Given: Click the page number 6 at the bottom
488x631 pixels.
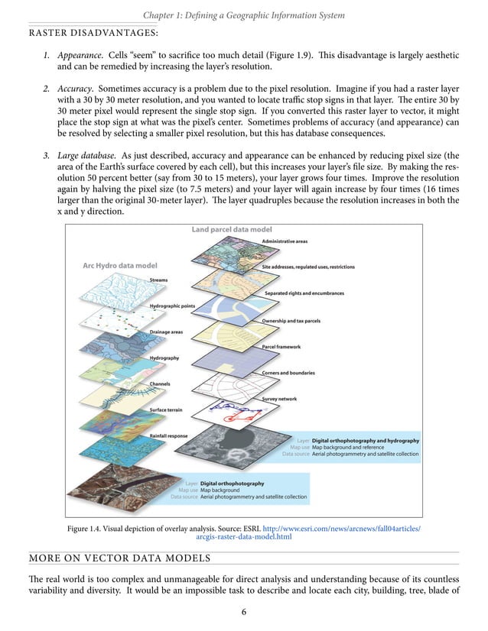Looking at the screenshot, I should coord(243,612).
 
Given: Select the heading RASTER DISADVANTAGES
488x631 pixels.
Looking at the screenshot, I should coord(93,33).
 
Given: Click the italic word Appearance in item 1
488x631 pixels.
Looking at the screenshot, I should coord(80,56).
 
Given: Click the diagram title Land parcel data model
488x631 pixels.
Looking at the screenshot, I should coord(231,229).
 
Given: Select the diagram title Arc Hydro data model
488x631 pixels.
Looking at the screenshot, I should coord(119,266).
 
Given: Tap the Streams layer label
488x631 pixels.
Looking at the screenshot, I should coord(159,281).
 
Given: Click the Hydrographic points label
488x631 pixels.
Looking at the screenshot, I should coord(172,306).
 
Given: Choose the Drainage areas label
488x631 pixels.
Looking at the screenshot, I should coord(166,332).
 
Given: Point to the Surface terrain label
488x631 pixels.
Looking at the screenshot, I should coord(166,410).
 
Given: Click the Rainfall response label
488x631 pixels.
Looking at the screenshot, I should coord(168,436).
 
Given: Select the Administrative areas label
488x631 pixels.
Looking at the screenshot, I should coord(285,241).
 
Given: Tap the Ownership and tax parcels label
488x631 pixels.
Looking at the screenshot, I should coord(291,321).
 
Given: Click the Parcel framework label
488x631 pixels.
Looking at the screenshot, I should coord(282,347).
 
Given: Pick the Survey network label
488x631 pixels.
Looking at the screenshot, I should coord(279,400).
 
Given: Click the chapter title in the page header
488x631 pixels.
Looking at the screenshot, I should coord(243,15).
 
